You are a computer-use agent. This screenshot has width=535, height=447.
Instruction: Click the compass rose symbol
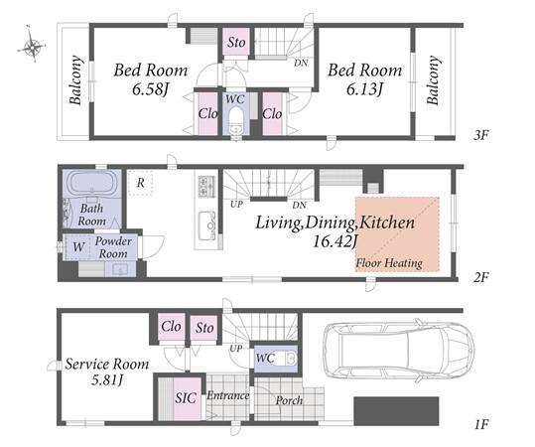click(x=32, y=45)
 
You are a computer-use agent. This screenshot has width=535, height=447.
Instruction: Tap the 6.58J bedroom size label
click(x=150, y=89)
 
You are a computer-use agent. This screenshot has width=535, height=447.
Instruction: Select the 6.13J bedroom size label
click(x=364, y=89)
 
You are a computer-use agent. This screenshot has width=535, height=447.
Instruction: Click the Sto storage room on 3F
click(x=236, y=42)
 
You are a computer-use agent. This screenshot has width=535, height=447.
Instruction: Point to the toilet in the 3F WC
click(x=235, y=122)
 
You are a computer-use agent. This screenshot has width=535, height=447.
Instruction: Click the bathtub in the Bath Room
click(x=91, y=183)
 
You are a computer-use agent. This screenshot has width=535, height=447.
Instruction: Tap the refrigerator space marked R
click(x=141, y=183)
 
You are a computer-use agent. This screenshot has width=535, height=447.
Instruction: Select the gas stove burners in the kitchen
click(x=206, y=186)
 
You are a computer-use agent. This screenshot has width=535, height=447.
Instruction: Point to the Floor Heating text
click(x=389, y=263)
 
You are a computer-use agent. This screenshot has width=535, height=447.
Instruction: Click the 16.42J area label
click(x=335, y=242)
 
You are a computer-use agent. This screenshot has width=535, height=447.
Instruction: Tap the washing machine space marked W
click(x=78, y=246)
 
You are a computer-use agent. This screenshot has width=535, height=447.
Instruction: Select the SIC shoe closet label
click(x=186, y=398)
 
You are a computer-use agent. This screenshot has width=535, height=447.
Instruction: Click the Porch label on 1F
click(x=289, y=400)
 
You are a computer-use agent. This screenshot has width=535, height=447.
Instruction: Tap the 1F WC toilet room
click(x=276, y=359)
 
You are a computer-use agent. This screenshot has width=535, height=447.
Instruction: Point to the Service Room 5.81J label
click(x=107, y=372)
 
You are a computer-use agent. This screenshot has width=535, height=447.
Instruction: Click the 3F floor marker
click(x=480, y=135)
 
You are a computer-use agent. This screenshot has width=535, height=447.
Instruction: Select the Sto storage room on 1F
click(x=204, y=327)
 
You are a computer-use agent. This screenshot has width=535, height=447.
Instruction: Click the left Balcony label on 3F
click(x=76, y=79)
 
